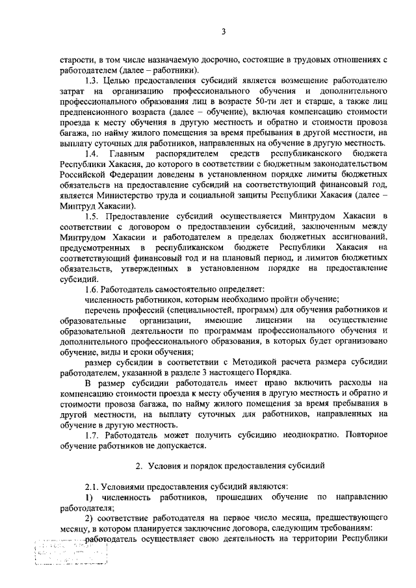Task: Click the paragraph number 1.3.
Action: pyautogui.click(x=94, y=81)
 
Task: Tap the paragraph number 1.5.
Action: pyautogui.click(x=94, y=214)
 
